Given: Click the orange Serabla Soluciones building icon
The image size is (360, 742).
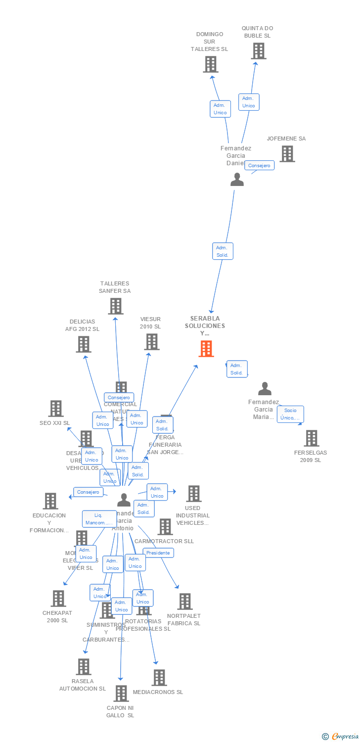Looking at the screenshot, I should click(206, 349).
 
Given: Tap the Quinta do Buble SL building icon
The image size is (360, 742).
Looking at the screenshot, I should click(258, 51).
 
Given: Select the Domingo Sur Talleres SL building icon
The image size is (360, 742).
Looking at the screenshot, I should click(211, 64).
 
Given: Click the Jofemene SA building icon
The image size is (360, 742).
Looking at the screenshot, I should click(287, 154).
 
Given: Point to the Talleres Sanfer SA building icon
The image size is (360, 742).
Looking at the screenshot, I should click(116, 306).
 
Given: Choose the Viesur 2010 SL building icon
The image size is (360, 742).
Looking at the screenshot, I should click(152, 342).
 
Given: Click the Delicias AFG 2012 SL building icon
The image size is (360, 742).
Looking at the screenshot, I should click(84, 344).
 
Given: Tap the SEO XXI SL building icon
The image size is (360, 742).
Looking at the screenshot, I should click(56, 409).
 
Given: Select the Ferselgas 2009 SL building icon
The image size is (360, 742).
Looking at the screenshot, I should click(311, 438).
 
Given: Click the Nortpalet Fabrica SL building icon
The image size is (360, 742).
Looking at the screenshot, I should click(184, 602).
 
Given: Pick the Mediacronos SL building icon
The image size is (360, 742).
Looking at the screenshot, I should click(159, 678).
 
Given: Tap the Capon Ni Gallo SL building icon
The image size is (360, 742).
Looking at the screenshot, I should click(121, 694).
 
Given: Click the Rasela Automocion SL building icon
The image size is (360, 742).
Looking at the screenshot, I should click(84, 667).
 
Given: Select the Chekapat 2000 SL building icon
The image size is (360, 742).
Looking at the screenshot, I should click(58, 599).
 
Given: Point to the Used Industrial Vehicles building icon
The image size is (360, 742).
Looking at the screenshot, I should click(193, 494).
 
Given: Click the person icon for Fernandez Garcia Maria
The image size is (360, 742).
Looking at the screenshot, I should click(265, 389).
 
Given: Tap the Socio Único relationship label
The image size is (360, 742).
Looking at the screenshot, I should click(290, 414).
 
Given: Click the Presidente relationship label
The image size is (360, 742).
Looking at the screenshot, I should click(158, 553).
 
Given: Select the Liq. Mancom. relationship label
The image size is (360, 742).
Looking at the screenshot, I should click(99, 519).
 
